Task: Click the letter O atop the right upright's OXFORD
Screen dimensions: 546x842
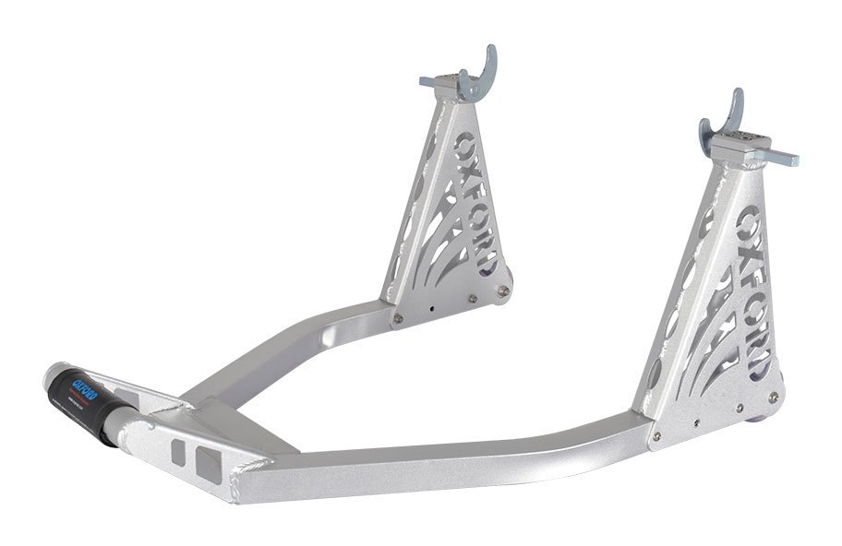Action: [x=747, y=222]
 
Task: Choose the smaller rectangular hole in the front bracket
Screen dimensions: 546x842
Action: [x=179, y=451]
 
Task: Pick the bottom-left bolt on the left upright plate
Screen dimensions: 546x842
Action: [x=398, y=318]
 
